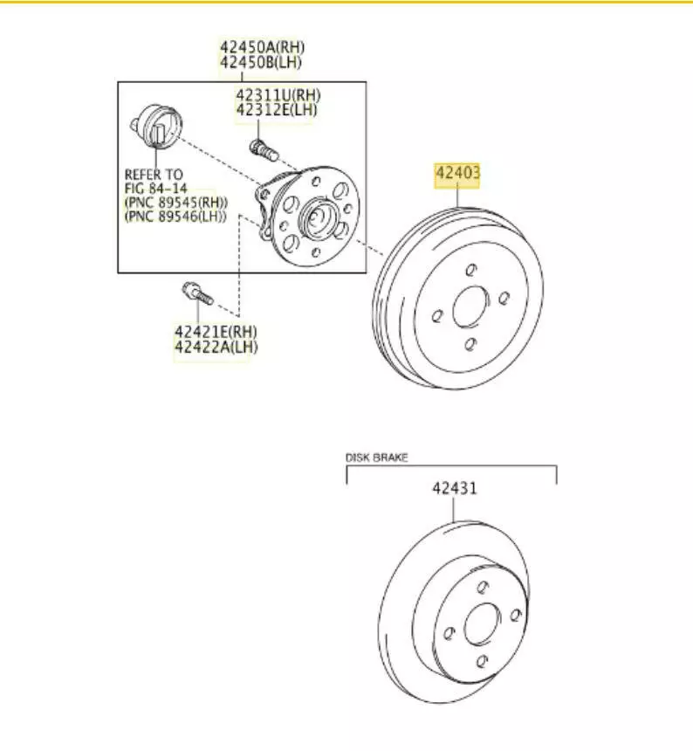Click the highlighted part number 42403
pos(457,172)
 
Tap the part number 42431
pos(455,488)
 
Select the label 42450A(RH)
pos(262,47)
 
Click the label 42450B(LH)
pos(261,62)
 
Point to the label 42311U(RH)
pos(278,95)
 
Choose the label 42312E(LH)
pos(277,110)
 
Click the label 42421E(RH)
pos(216,332)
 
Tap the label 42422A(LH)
pos(216,347)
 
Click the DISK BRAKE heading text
pos(377,458)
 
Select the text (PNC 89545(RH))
pos(176,202)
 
